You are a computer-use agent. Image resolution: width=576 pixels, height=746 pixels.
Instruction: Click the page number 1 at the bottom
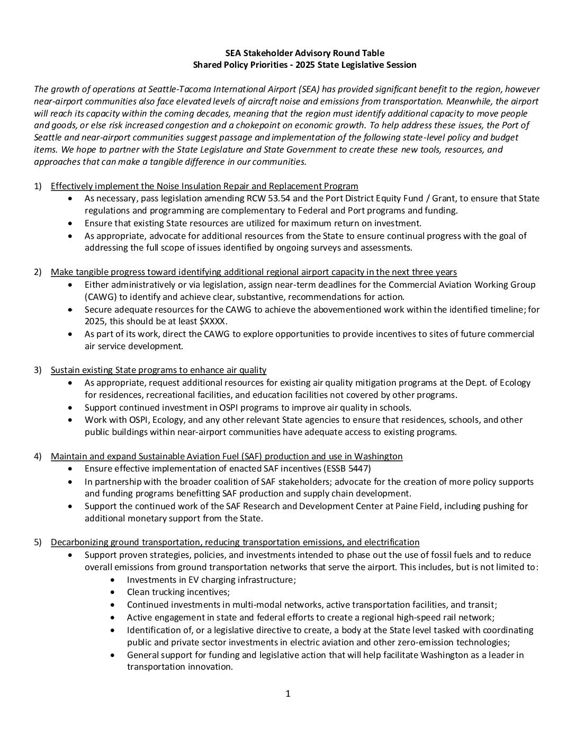pos(288,694)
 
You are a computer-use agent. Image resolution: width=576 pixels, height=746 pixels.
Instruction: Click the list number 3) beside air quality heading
pos(38,370)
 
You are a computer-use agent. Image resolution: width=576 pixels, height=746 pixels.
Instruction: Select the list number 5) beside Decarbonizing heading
pos(38,542)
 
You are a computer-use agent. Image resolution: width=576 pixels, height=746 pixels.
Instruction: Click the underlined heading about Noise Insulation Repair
pos(204,186)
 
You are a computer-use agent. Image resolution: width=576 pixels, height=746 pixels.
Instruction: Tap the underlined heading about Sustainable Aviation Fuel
pos(227,456)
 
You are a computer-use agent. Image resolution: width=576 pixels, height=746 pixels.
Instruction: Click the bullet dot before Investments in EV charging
pos(114,580)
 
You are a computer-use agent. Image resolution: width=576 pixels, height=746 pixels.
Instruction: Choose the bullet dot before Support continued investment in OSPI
pos(71,407)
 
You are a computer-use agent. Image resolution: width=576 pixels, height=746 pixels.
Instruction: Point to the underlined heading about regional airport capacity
pos(254,272)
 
